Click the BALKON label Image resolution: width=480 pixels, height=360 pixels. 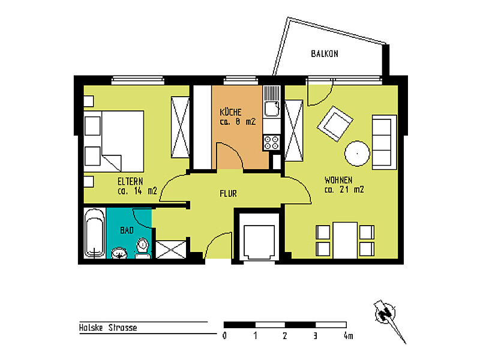point(325,54)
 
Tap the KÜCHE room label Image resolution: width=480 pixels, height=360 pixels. point(230,112)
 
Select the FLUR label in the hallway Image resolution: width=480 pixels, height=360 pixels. point(228,193)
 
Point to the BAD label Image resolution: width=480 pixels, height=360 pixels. point(127,230)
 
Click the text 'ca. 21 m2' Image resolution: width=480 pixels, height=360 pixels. point(344,190)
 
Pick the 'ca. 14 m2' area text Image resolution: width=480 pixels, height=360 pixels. point(137,191)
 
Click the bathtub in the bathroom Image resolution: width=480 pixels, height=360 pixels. point(95,233)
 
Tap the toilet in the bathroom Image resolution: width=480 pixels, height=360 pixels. point(142,248)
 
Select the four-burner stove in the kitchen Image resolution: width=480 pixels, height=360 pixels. point(272,143)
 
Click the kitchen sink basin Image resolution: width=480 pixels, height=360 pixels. point(272,109)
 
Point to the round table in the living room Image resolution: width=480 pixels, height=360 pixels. point(357,154)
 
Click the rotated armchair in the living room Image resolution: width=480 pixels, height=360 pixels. point(335,124)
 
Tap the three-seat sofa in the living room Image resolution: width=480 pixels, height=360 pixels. point(384,142)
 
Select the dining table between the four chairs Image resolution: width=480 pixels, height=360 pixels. point(345,241)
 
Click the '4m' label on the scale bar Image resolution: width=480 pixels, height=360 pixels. point(348,336)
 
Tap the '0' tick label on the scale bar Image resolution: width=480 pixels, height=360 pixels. point(224,336)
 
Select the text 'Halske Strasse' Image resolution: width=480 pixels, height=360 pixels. point(108,328)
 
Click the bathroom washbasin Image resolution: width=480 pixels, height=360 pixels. point(119,253)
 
